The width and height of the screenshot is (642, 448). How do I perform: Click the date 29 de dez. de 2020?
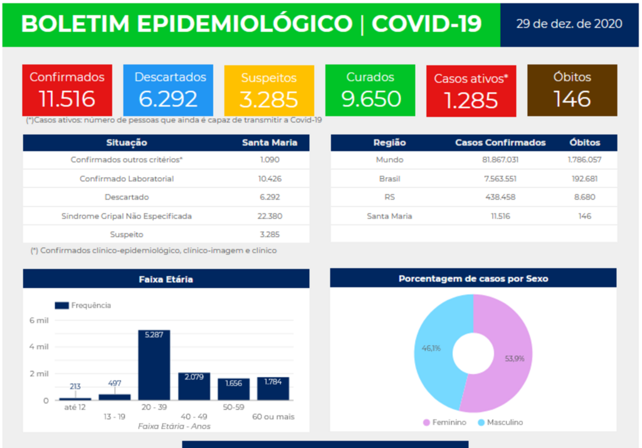point(569,24)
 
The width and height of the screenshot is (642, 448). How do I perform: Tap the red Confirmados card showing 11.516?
point(67,90)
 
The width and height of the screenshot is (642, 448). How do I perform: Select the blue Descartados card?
point(168,90)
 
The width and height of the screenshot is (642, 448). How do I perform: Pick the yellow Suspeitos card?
point(269,90)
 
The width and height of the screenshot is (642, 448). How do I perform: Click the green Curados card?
point(370,90)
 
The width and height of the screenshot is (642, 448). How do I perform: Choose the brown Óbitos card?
point(572,90)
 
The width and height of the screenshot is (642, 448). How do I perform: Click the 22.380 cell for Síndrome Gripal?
point(270,216)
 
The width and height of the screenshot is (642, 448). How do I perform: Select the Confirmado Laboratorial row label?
point(127,179)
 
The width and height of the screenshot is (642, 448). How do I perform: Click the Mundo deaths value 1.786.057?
point(584,159)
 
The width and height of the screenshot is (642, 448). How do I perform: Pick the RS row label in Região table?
point(389,197)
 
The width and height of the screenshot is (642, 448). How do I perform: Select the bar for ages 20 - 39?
point(154,367)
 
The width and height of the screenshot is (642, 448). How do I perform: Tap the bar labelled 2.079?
point(194,388)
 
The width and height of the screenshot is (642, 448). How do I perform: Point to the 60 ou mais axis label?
point(273,417)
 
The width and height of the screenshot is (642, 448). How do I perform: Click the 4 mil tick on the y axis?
point(39,347)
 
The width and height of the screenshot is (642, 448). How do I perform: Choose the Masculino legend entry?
point(500,422)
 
